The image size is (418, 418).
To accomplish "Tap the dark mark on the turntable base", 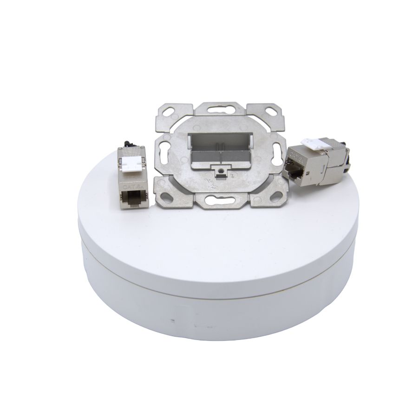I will [173, 320].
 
